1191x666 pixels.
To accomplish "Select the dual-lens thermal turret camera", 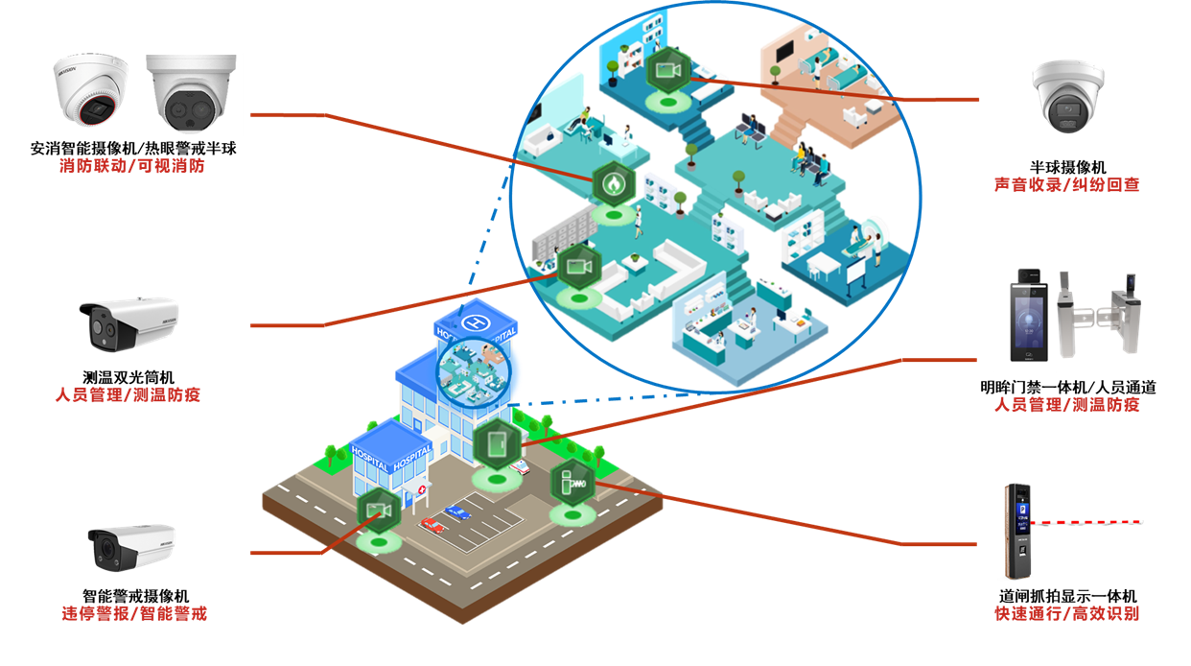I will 190,94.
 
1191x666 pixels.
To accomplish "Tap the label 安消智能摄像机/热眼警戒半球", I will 133,149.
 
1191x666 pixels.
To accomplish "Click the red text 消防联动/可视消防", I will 132,167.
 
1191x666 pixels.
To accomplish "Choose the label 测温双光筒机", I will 128,376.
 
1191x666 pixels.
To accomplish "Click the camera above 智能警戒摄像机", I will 131,547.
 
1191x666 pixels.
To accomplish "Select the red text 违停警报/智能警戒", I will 134,613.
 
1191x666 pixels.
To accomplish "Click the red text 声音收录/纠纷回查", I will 1066,185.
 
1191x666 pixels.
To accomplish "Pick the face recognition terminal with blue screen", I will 1030,318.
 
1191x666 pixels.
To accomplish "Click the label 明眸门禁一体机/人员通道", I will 1067,387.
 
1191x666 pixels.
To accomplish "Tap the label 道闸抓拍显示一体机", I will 1066,596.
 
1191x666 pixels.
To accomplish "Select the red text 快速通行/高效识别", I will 1066,614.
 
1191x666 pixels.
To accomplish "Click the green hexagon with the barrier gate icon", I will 572,483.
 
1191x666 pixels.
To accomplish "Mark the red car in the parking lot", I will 432,525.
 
